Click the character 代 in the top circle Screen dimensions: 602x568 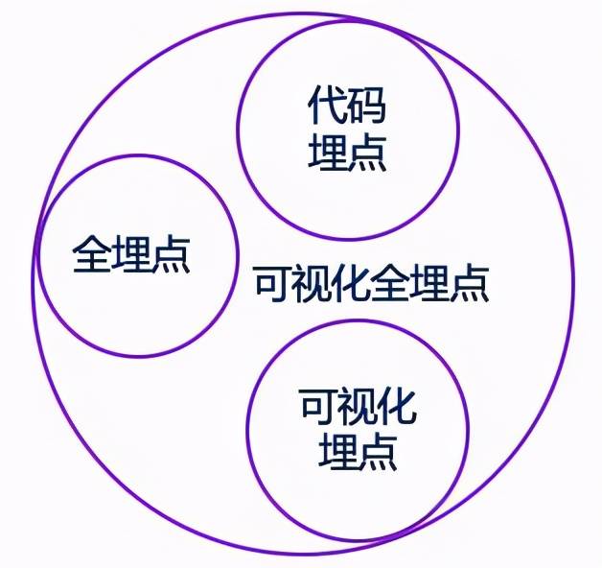pyautogui.click(x=327, y=105)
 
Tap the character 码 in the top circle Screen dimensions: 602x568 pyautogui.click(x=366, y=105)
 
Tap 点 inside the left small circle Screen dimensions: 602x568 pyautogui.click(x=171, y=254)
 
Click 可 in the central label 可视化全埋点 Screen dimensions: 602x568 pyautogui.click(x=273, y=283)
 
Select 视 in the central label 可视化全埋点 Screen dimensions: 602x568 pyautogui.click(x=313, y=283)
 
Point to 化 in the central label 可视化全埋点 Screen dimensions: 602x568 pyautogui.click(x=351, y=283)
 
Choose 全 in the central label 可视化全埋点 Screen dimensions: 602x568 pyautogui.click(x=390, y=283)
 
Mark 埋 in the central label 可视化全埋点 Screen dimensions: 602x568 pyautogui.click(x=429, y=283)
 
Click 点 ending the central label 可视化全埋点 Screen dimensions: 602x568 pyautogui.click(x=469, y=283)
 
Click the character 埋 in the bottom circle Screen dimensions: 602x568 pyautogui.click(x=337, y=452)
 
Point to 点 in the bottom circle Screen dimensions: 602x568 pyautogui.click(x=378, y=452)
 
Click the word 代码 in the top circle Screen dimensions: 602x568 pyautogui.click(x=347, y=105)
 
